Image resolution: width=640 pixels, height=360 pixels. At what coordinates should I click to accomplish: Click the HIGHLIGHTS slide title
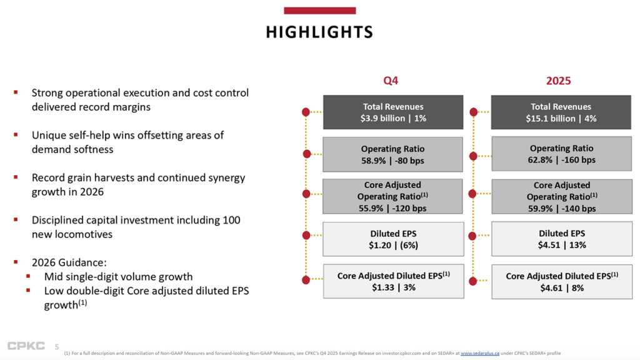pos(319,32)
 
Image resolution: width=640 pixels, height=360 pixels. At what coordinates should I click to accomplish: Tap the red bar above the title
pos(319,11)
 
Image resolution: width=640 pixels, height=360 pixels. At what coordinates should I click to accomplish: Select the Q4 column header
pos(391,81)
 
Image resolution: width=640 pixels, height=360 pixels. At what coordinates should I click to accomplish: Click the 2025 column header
pos(559,81)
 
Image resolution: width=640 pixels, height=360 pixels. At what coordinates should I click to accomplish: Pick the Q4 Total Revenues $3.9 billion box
pos(392,112)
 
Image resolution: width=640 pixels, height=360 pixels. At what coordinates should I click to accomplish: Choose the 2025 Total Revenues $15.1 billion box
pos(561,112)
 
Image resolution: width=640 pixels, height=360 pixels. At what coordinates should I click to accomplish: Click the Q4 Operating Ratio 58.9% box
pos(392,154)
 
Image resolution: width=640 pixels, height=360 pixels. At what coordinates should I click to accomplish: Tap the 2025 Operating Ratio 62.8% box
pos(561,154)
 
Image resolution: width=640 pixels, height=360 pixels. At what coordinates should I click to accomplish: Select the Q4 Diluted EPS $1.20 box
pos(392,239)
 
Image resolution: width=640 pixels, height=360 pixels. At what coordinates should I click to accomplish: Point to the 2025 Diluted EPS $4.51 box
pos(561,239)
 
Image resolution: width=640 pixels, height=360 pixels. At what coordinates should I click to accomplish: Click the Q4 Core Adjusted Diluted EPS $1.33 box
pos(392,281)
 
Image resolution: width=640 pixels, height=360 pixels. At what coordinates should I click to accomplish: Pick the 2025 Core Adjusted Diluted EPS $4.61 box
pos(561,281)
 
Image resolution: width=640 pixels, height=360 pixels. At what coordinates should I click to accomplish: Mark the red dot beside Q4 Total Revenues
pos(306,112)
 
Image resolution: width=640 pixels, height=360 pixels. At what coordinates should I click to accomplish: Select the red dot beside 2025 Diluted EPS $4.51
pos(474,236)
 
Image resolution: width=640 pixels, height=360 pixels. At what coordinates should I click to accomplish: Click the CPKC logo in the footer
pos(26,346)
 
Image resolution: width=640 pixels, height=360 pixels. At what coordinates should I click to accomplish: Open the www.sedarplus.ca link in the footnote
pos(480,354)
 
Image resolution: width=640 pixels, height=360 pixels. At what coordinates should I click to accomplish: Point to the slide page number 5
pos(57,347)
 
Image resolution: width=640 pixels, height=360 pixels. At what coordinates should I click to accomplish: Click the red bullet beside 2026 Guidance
pos(16,262)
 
